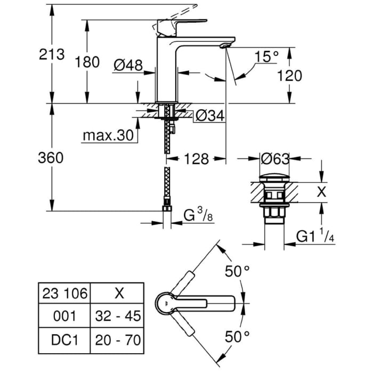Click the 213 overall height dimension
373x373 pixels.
(51, 55)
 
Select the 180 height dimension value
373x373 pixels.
(86, 62)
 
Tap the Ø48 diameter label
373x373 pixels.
(128, 65)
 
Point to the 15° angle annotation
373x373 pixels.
(266, 56)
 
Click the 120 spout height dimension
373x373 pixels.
(289, 76)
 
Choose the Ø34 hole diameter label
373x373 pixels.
(209, 115)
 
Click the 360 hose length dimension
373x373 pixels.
(51, 158)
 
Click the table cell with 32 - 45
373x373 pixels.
(116, 316)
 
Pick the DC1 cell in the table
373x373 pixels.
(64, 339)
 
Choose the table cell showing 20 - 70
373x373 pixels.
(116, 339)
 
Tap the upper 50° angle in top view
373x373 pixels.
(237, 272)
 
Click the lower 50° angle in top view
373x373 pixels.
(237, 336)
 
